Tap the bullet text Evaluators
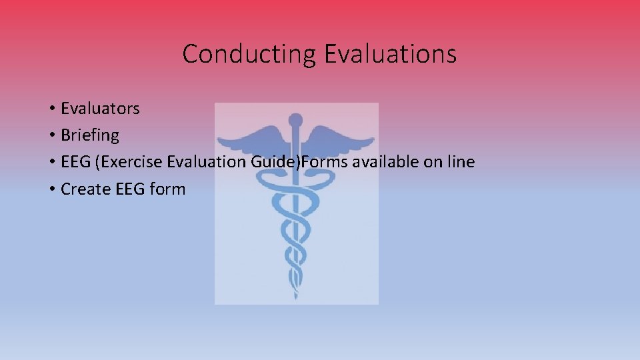(x=100, y=108)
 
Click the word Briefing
(x=90, y=135)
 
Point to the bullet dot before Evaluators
(x=51, y=109)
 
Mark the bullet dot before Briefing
(x=51, y=136)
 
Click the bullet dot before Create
(x=51, y=190)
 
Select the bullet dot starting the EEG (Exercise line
(x=51, y=163)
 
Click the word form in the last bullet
(x=168, y=189)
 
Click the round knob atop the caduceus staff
(x=296, y=121)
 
